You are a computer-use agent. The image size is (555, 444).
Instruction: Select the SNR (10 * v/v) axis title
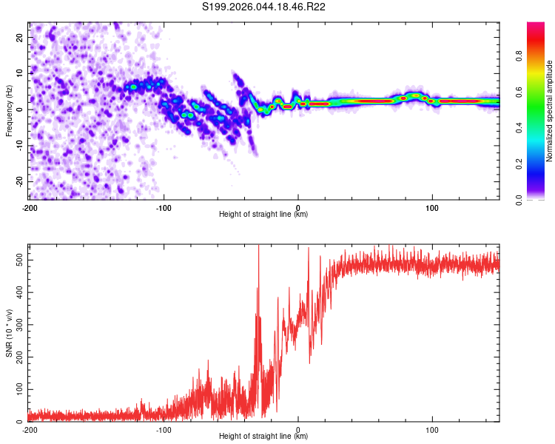coord(10,332)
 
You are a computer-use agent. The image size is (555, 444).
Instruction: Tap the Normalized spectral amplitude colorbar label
coord(550,111)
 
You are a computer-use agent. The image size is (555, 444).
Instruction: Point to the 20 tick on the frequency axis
coord(21,37)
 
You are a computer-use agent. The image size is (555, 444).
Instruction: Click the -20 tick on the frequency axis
coord(19,181)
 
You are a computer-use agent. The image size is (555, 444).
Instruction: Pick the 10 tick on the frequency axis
coord(21,73)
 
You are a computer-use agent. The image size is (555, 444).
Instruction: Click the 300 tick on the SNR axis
coord(18,325)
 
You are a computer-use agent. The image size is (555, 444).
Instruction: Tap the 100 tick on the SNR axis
coord(18,389)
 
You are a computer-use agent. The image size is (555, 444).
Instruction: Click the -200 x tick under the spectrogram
coord(30,207)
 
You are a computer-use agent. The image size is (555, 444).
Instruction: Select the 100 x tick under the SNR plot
coord(432,429)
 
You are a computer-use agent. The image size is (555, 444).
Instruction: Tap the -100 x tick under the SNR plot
coord(164,429)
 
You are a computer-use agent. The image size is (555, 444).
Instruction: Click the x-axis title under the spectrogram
coord(263,215)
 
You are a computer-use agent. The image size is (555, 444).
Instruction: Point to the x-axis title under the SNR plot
coord(263,437)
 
